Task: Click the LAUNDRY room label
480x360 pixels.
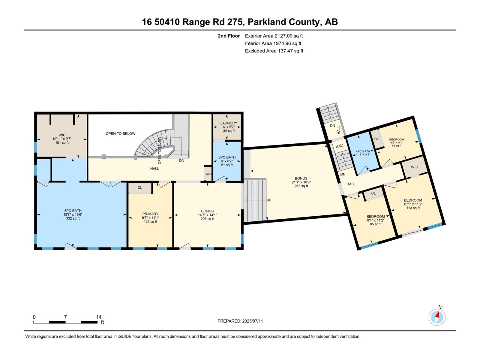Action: (x=229, y=123)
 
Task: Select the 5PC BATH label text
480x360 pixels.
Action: (x=73, y=211)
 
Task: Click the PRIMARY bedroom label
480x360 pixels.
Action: (x=150, y=214)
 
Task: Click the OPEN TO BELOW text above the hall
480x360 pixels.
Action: (x=120, y=133)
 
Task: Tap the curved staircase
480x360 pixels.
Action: (x=156, y=144)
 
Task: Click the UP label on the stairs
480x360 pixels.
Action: (x=269, y=200)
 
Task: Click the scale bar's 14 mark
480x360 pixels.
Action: (x=99, y=317)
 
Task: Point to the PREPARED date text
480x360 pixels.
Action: (x=240, y=321)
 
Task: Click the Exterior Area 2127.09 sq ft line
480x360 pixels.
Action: (x=274, y=36)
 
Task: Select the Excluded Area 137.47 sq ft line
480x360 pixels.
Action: (x=274, y=51)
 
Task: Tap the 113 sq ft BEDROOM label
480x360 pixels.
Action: (x=413, y=200)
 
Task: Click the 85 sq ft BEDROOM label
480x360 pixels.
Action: (x=375, y=217)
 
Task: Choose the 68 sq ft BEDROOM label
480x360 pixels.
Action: (x=397, y=139)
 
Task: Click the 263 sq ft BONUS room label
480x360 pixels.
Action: (x=301, y=178)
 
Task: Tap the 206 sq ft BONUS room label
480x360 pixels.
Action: (x=207, y=211)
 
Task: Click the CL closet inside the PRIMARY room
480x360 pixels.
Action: (x=140, y=188)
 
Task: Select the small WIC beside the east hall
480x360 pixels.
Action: (x=414, y=167)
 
